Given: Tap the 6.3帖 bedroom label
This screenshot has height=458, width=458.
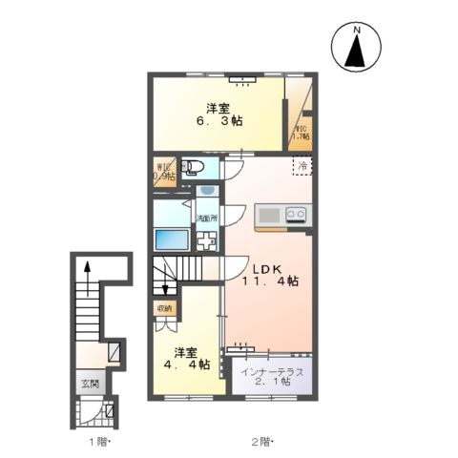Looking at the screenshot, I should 219,114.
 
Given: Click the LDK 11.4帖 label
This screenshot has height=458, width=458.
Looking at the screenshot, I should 269,273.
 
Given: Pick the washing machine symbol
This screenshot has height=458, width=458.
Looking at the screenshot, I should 206,239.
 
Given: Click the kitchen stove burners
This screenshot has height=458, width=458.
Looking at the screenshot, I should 296,215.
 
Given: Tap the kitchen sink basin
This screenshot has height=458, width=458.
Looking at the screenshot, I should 267,214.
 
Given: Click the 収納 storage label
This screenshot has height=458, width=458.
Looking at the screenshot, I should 164,307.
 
